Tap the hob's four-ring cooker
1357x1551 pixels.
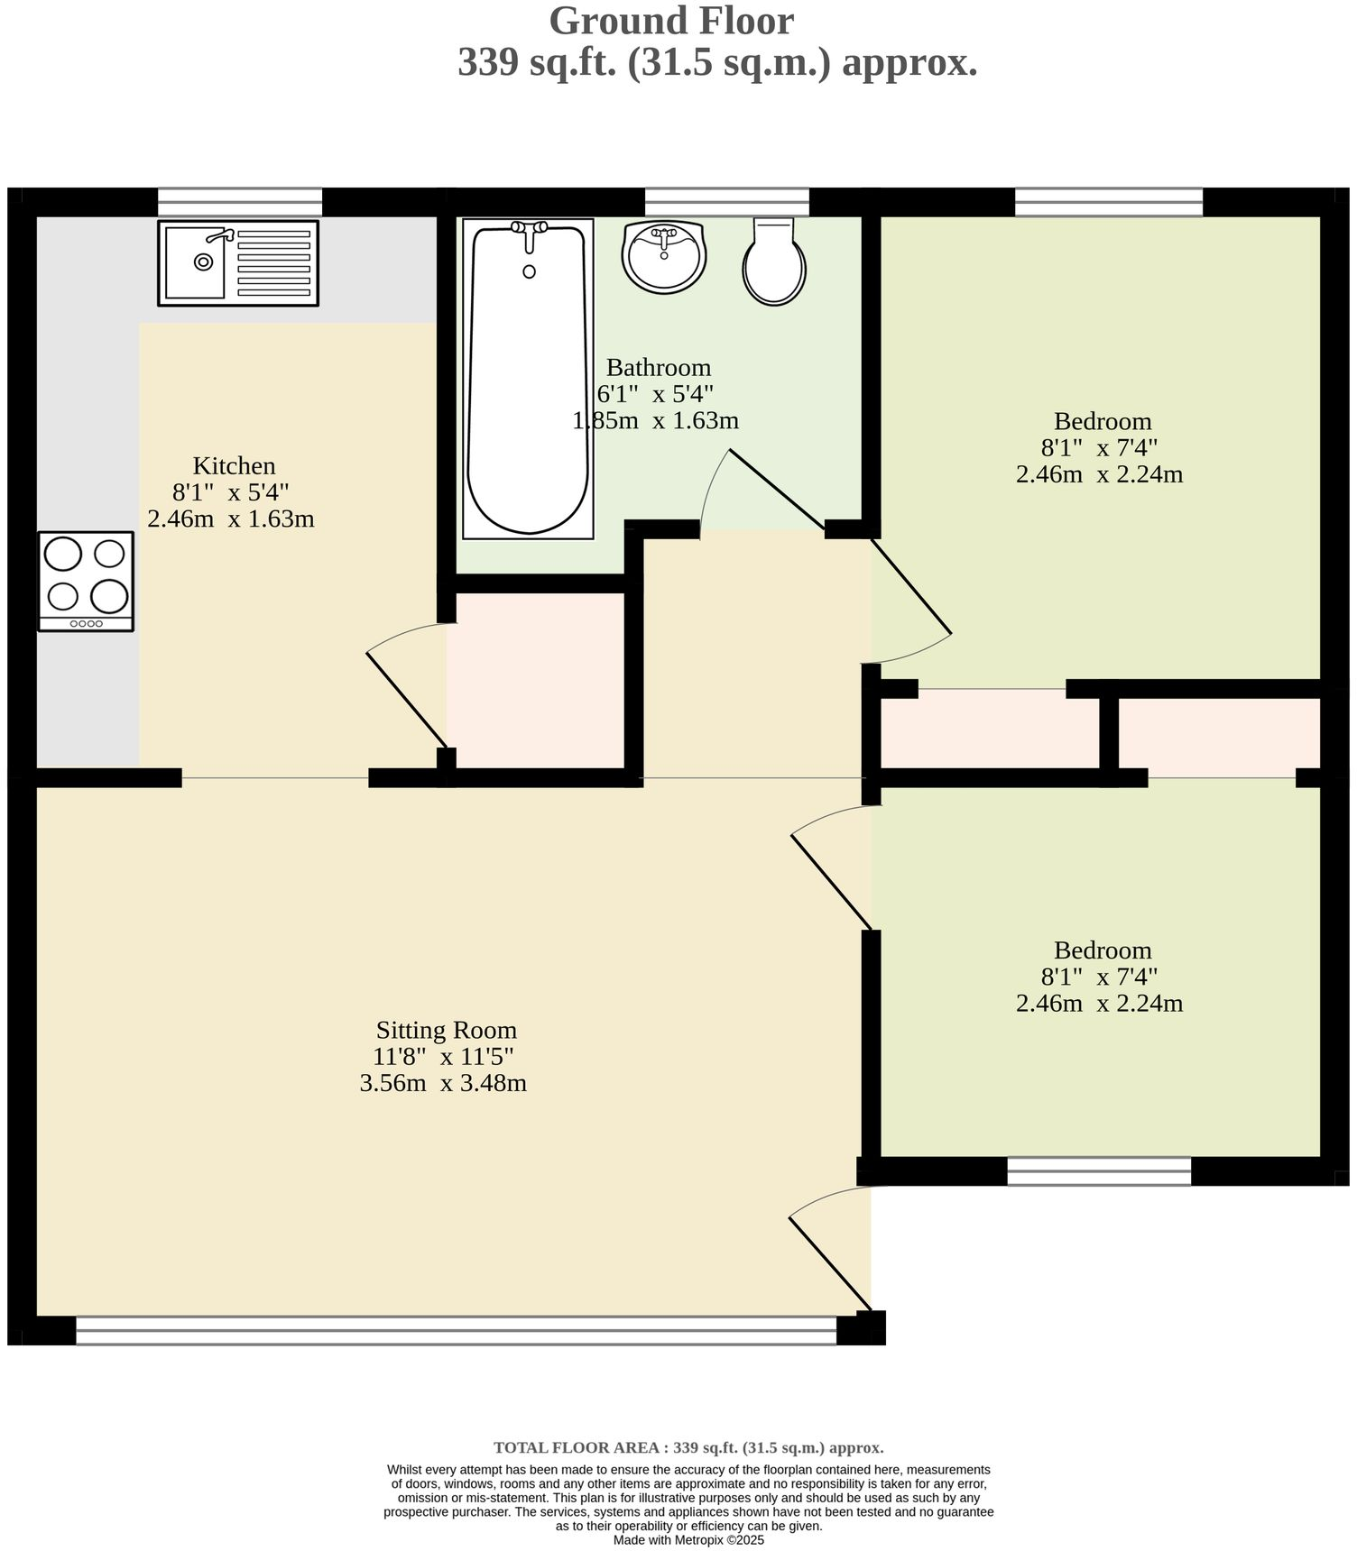coord(86,581)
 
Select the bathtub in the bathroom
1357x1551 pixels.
coord(528,379)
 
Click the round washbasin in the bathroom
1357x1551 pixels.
coord(664,257)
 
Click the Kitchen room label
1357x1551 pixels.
coord(234,466)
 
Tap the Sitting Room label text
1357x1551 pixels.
coord(446,1030)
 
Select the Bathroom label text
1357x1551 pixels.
coord(658,368)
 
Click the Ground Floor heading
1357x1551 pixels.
coord(671,22)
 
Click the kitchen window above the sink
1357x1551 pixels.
coord(240,201)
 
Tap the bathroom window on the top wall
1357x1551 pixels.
coord(726,201)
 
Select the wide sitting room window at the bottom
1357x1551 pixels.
coord(456,1330)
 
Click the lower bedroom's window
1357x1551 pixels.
coord(1098,1170)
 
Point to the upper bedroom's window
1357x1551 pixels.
coord(1108,201)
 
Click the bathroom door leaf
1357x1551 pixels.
coord(776,489)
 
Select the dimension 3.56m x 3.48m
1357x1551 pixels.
coord(443,1083)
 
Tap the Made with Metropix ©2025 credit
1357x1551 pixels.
coord(688,1540)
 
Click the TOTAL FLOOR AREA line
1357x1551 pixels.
coord(688,1448)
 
